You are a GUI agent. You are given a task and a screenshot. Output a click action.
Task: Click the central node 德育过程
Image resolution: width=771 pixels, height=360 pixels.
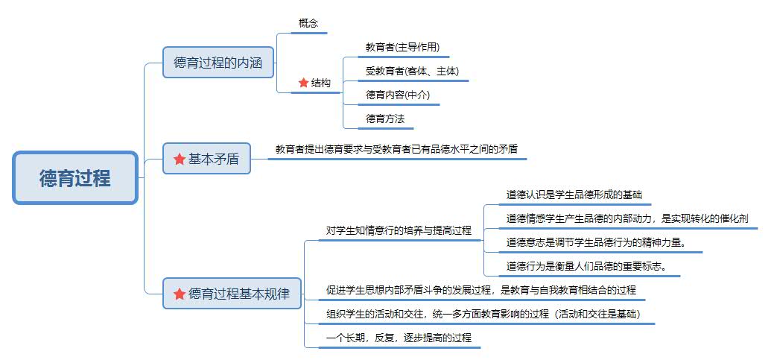click(x=74, y=177)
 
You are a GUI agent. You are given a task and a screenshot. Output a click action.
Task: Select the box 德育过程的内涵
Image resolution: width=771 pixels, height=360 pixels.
click(x=218, y=63)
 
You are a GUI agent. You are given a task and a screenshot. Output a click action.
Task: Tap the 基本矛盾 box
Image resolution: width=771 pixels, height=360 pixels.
click(x=206, y=158)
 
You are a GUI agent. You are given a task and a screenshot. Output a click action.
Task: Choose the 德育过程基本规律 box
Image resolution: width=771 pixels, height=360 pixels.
click(x=232, y=294)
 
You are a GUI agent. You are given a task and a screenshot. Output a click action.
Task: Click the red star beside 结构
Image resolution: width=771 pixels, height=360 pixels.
click(x=303, y=83)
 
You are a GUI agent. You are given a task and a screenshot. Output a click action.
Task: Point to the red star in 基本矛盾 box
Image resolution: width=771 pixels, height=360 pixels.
click(x=180, y=159)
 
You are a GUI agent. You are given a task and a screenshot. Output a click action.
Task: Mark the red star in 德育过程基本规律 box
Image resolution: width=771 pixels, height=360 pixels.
click(x=180, y=294)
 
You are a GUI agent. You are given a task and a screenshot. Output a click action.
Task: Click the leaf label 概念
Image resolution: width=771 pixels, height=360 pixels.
click(x=308, y=23)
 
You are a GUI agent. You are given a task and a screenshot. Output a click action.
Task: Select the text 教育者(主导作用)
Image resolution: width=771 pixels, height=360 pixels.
click(x=402, y=47)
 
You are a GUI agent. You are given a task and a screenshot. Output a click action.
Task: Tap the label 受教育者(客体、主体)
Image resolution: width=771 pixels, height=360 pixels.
click(x=412, y=71)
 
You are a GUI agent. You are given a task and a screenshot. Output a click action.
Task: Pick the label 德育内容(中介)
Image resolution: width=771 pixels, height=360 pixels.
click(x=397, y=95)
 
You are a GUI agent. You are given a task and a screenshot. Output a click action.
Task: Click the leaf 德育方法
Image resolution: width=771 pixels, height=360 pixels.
click(x=385, y=119)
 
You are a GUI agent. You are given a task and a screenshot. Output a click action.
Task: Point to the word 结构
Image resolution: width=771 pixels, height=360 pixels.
click(x=320, y=83)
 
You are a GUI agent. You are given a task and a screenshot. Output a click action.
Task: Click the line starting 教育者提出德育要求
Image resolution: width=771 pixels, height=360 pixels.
click(x=396, y=149)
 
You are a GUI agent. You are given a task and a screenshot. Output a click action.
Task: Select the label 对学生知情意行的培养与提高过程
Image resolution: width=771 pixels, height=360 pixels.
click(x=399, y=230)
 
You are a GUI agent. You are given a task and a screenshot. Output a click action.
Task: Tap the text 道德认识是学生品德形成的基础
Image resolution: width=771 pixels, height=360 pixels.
click(x=574, y=195)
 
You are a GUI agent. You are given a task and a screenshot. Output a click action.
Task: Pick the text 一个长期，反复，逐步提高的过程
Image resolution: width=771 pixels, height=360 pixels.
click(x=399, y=338)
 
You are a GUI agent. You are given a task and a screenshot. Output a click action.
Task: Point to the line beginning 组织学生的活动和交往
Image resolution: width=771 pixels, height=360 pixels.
click(x=483, y=315)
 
